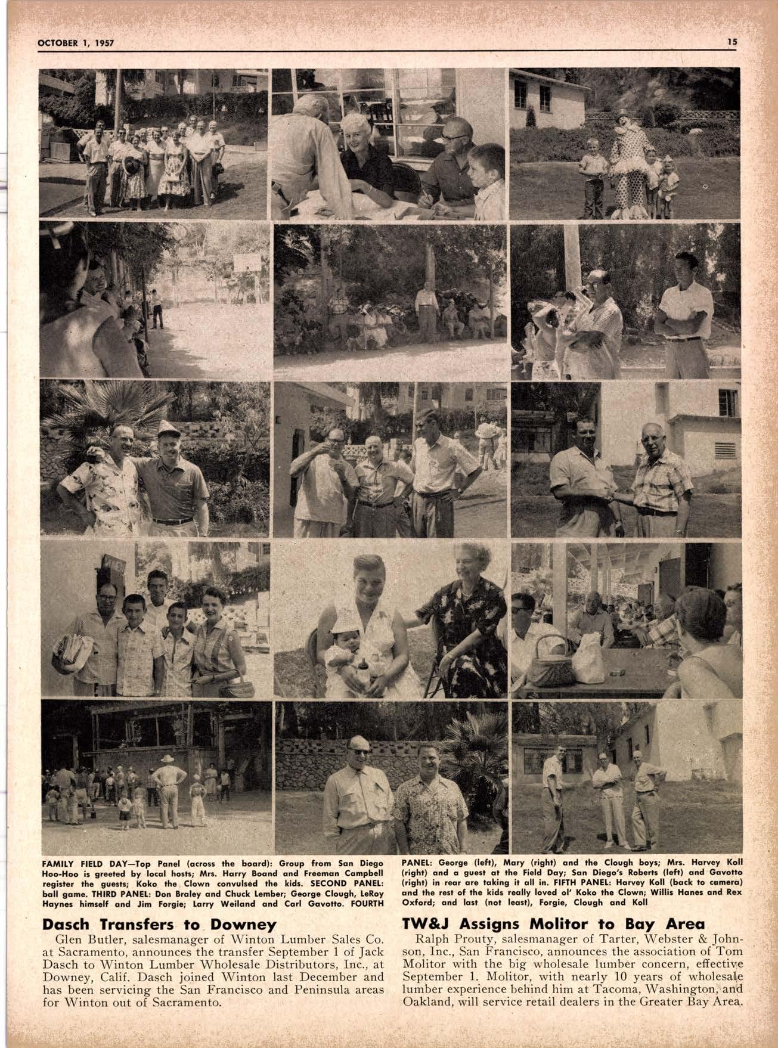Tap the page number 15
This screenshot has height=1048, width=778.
tap(732, 42)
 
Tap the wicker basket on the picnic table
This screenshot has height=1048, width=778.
tap(548, 661)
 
